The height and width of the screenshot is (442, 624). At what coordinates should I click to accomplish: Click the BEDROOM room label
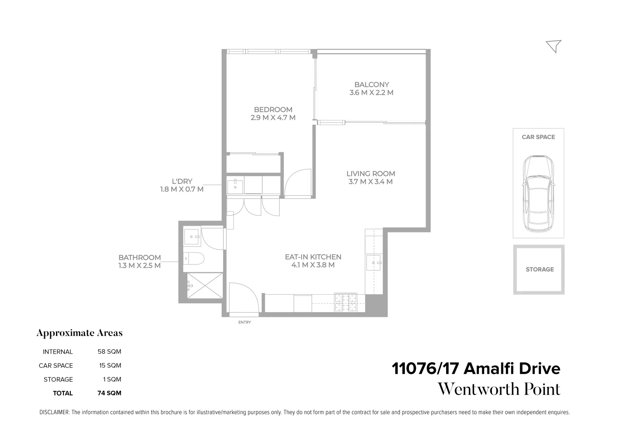click(273, 110)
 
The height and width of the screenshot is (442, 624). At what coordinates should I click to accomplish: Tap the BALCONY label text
click(371, 85)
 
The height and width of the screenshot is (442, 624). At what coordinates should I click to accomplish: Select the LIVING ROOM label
click(370, 174)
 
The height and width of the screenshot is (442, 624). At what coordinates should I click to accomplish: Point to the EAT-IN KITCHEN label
click(313, 257)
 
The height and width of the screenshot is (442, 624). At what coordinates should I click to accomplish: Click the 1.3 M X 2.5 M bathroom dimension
click(139, 266)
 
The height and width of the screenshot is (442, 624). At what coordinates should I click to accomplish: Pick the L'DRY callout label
click(182, 181)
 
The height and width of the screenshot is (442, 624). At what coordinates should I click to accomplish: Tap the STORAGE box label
click(539, 269)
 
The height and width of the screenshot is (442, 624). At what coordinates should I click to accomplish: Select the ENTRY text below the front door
click(245, 322)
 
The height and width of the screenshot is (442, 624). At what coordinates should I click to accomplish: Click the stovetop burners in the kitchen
click(346, 303)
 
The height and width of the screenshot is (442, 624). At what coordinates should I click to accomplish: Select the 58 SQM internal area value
click(109, 352)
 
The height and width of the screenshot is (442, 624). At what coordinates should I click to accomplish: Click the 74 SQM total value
click(109, 393)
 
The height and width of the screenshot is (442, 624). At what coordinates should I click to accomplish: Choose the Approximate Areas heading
click(79, 333)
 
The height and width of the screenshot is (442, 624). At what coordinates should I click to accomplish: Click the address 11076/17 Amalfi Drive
click(476, 369)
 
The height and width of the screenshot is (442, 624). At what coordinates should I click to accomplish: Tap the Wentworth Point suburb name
click(499, 389)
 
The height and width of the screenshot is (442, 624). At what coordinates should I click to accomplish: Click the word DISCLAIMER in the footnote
click(54, 413)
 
